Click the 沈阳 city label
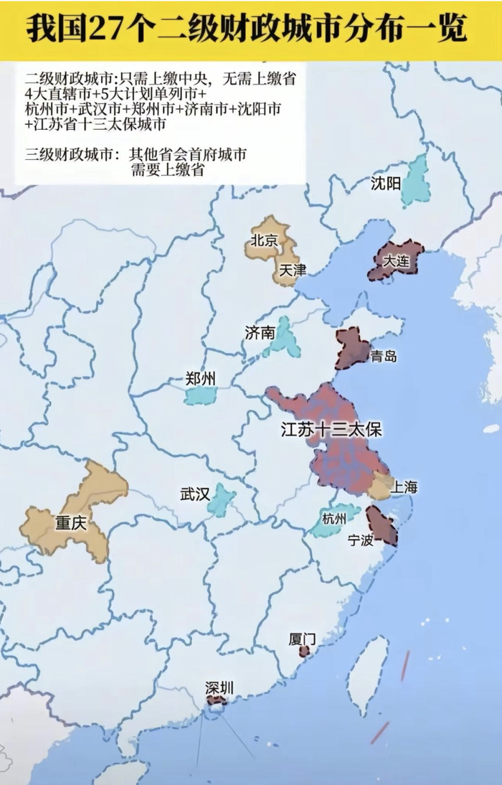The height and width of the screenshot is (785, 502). pos(386,183)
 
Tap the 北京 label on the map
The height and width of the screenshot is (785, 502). pos(263,240)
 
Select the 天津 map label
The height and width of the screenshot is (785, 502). pos(293,271)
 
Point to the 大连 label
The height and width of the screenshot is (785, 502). pos(396,261)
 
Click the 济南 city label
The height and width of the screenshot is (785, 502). pos(259,332)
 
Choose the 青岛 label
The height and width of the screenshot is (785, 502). pos(384,356)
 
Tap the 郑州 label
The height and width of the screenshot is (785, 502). pos(199,379)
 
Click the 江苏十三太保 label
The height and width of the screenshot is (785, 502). pos(331,431)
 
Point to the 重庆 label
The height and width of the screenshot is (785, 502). pos(70,523)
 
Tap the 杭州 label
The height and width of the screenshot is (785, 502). pos(334,518)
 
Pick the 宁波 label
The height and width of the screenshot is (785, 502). pos(360,540)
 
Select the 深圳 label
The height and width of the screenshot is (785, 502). pos(219,688)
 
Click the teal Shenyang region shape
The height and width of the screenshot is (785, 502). pos(416,181)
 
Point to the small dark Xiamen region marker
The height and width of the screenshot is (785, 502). pos(305,651)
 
